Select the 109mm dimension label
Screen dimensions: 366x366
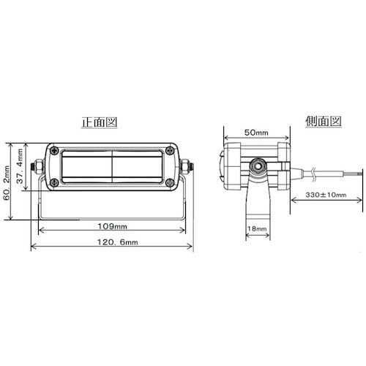(x=110, y=225)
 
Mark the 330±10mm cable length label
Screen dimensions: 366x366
(x=326, y=195)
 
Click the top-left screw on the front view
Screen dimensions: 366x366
(x=55, y=152)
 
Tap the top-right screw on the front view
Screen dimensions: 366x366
(x=170, y=152)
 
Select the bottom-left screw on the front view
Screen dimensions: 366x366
(x=55, y=182)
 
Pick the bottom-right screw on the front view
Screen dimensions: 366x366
(x=170, y=182)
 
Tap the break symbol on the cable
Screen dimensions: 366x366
(x=314, y=173)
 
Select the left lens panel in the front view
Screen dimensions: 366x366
(x=85, y=168)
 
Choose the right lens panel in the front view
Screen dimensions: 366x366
(x=139, y=168)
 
